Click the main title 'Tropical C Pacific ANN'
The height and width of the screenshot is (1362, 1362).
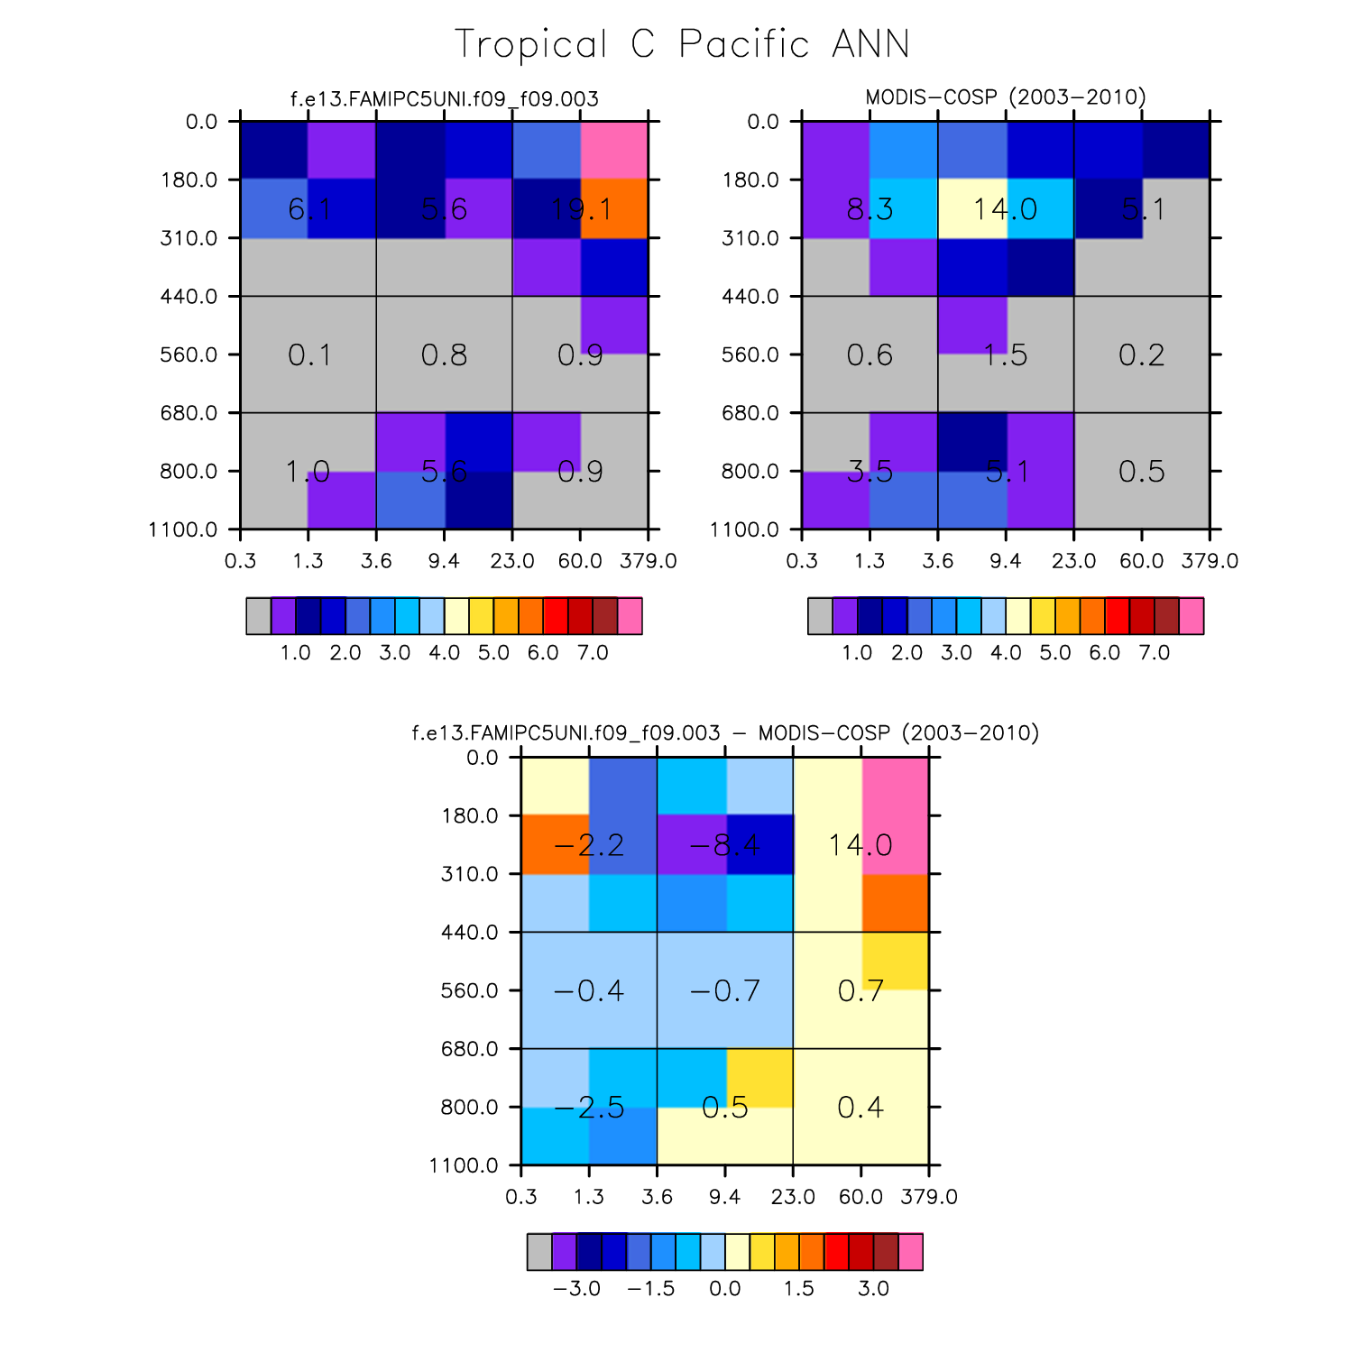[x=682, y=44]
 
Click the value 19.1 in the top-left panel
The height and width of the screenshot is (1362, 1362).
[x=581, y=209]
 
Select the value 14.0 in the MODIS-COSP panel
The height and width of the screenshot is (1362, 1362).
[x=1005, y=209]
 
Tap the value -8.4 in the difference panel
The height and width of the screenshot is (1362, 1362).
[x=724, y=845]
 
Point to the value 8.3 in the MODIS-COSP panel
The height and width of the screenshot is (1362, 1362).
[x=870, y=209]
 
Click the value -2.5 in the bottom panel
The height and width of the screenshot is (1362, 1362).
[x=589, y=1107]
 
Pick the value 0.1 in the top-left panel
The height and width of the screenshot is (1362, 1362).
[x=309, y=354]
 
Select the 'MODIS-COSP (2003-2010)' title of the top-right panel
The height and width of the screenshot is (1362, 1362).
[x=1006, y=97]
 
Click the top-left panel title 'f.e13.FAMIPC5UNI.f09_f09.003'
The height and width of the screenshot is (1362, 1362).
[x=444, y=98]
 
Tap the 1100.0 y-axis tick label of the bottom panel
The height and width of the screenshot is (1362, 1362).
[x=465, y=1165]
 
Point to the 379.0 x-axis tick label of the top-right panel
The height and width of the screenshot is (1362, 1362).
[x=1210, y=561]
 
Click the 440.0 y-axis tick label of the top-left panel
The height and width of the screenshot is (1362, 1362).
[x=189, y=296]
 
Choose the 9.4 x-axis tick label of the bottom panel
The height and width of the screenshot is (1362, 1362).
[x=725, y=1197]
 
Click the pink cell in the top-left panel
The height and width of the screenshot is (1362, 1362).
[x=614, y=150]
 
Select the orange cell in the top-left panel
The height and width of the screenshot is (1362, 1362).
[x=614, y=208]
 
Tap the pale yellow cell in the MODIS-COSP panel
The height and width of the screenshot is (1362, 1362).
[x=972, y=208]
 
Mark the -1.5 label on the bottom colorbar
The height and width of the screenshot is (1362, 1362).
[x=651, y=1288]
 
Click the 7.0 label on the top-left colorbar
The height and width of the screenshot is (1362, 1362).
[x=593, y=652]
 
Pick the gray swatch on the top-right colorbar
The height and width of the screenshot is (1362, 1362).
[x=820, y=616]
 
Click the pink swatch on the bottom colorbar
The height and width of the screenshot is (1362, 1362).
[x=911, y=1252]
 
